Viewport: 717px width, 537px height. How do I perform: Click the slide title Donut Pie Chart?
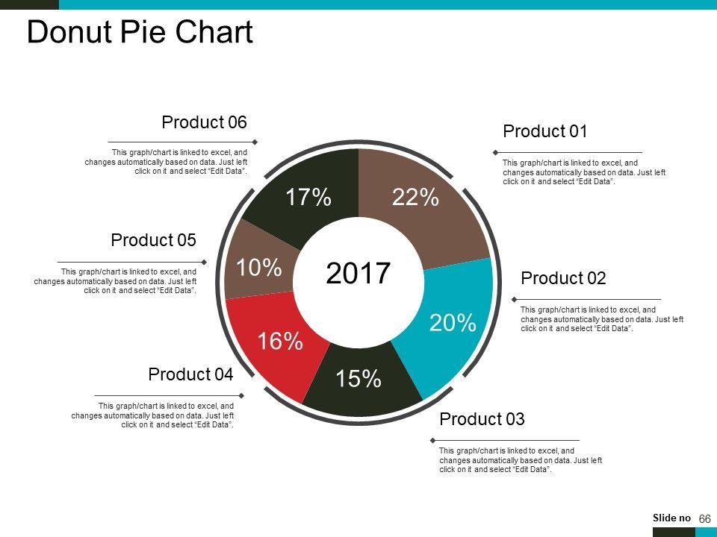click(140, 33)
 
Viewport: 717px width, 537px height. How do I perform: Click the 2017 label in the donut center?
click(358, 274)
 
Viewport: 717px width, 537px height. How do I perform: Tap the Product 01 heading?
click(545, 132)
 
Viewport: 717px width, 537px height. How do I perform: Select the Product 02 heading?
click(563, 279)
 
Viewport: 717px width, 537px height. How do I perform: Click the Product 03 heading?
click(482, 419)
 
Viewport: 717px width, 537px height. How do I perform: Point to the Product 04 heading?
click(190, 374)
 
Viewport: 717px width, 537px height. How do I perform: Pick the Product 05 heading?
click(153, 240)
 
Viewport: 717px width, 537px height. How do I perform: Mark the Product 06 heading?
click(204, 122)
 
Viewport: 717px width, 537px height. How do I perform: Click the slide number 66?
click(704, 518)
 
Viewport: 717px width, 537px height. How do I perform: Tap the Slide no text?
click(671, 518)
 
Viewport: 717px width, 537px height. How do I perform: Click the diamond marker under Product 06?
click(255, 142)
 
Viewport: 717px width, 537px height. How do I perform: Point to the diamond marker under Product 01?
click(494, 153)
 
